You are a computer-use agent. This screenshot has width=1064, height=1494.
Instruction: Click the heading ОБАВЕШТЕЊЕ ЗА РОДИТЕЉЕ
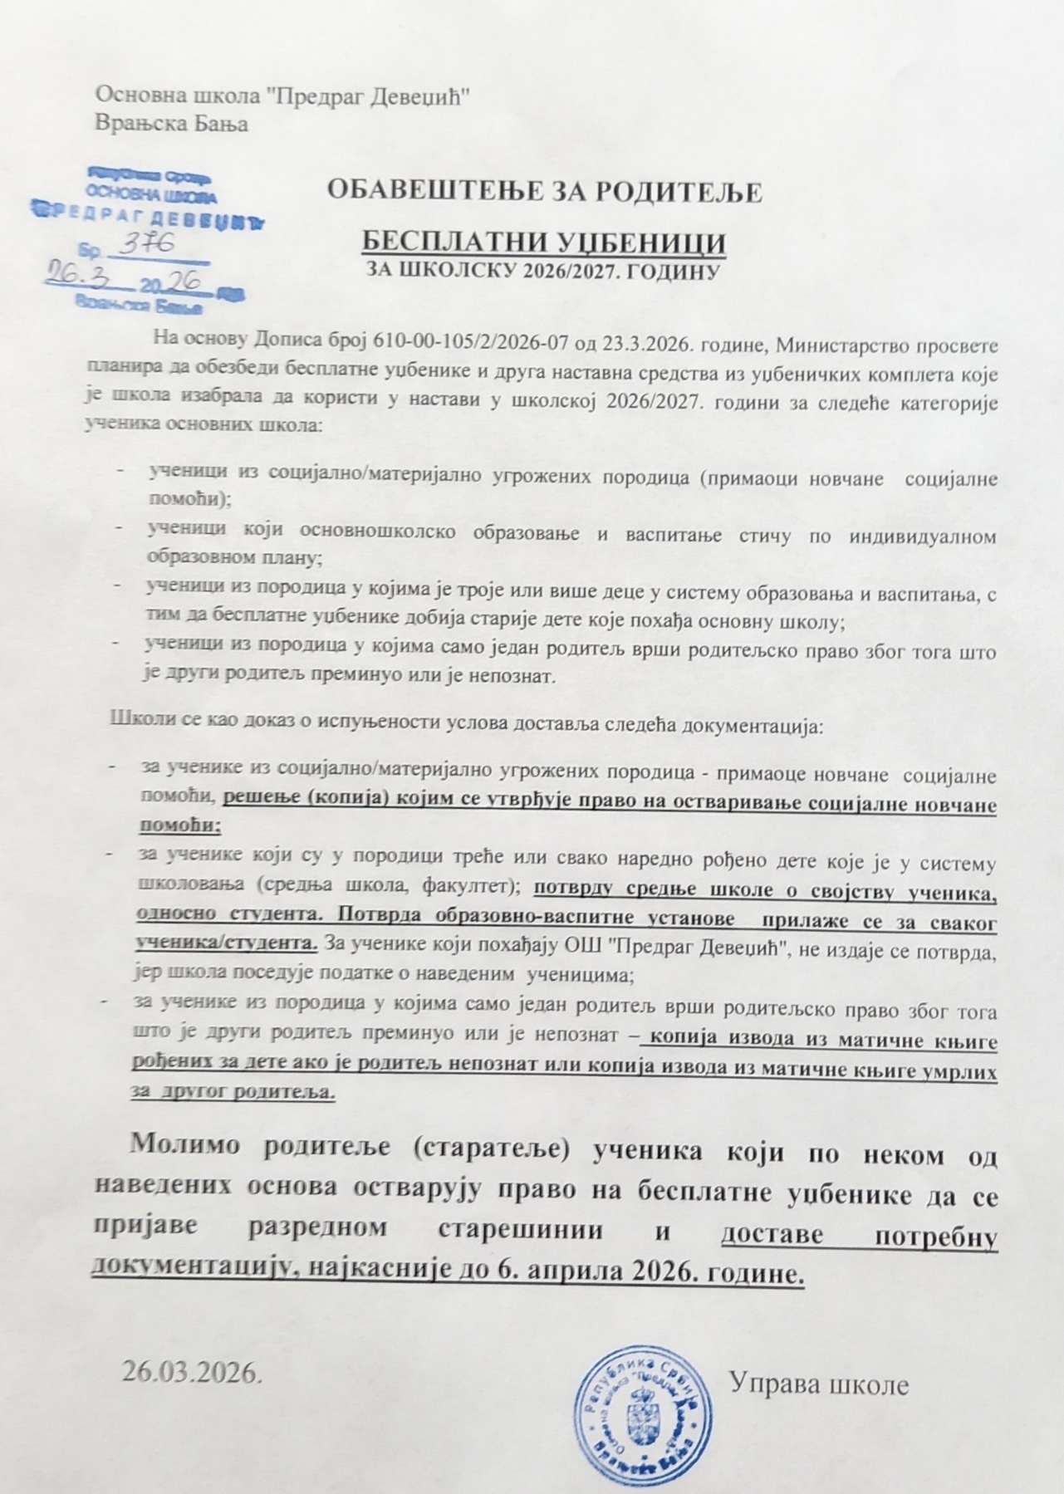(545, 192)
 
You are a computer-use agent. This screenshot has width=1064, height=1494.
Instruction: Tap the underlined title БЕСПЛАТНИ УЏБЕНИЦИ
(545, 242)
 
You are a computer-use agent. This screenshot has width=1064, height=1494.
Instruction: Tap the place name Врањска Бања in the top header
(172, 124)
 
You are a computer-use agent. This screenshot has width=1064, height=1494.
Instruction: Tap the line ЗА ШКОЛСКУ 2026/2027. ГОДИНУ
(543, 271)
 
